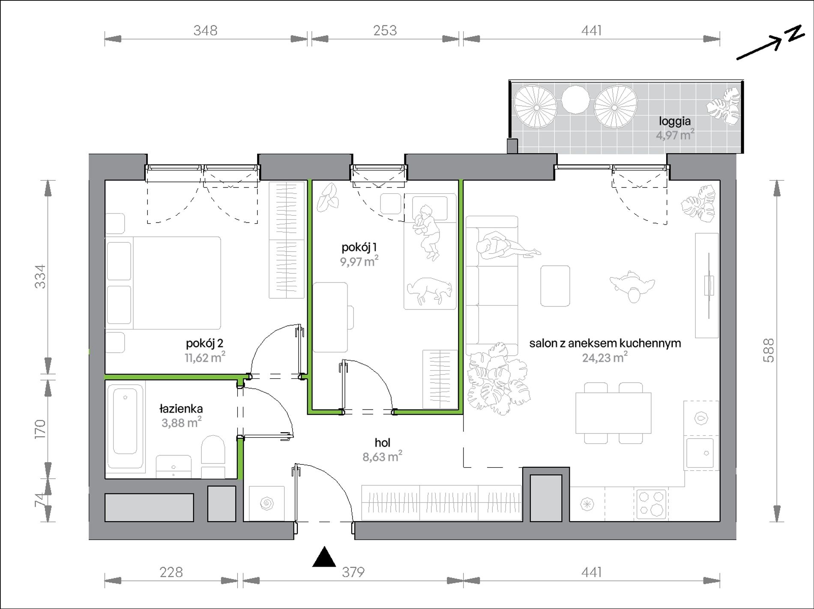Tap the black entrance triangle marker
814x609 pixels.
[x=324, y=557]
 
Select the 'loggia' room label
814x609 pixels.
[x=675, y=122]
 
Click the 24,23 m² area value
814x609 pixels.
[x=605, y=357]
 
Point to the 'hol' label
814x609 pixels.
[x=383, y=443]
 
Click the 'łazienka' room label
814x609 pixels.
[x=181, y=409]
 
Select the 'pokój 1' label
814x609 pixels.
[x=359, y=247]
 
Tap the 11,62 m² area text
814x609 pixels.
[x=205, y=357]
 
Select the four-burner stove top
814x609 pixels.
[x=650, y=504]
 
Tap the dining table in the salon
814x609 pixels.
[x=613, y=413]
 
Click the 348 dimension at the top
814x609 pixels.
[x=206, y=30]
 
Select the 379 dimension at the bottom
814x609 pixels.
[x=353, y=572]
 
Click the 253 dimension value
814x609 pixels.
[x=385, y=30]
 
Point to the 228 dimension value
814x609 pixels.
[x=171, y=572]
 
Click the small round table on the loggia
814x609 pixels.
[x=575, y=101]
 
